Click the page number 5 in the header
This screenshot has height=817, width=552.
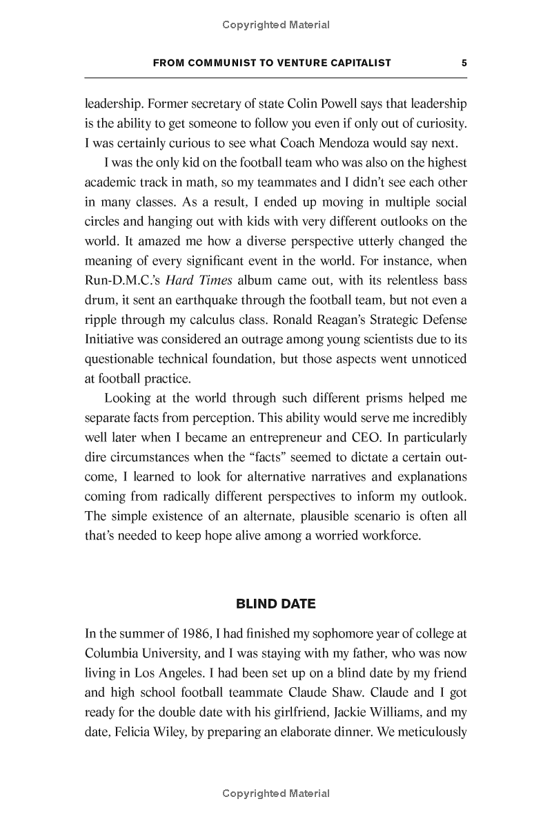(x=464, y=63)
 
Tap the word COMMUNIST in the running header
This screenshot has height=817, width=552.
(x=217, y=63)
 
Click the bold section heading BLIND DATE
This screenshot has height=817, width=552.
(x=276, y=604)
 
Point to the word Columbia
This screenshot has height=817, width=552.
(x=113, y=653)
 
